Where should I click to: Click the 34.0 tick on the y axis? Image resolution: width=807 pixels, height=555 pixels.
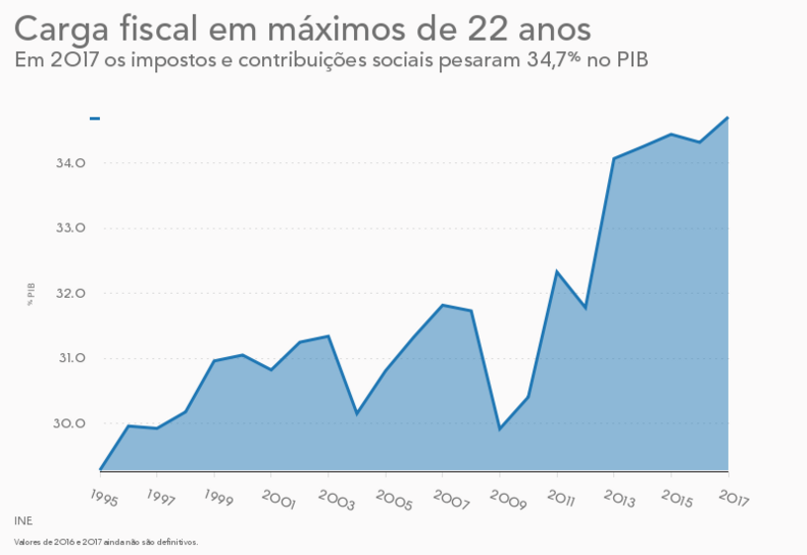[70, 163]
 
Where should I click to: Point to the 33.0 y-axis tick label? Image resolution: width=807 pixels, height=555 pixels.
[70, 229]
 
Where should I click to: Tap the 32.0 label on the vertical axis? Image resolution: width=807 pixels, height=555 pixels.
[70, 294]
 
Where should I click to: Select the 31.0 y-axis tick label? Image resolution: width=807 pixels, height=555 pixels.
[70, 359]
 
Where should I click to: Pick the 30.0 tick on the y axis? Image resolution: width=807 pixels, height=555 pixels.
[70, 424]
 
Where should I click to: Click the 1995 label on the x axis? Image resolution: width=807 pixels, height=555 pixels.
[103, 498]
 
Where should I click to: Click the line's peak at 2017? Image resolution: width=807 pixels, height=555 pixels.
[728, 118]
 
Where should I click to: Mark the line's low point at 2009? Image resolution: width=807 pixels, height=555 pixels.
[499, 429]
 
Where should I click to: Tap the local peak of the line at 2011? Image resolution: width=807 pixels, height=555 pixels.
[557, 271]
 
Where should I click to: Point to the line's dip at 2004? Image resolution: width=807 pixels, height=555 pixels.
[357, 413]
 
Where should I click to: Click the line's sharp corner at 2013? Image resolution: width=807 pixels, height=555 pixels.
[614, 158]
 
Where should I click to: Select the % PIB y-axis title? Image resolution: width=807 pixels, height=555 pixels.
[32, 294]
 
